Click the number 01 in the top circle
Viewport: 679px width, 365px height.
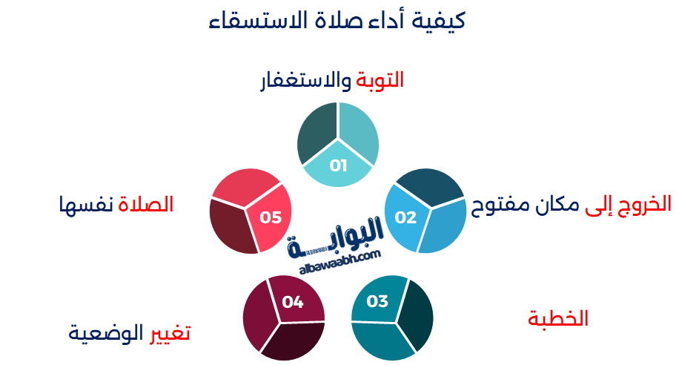point(338,165)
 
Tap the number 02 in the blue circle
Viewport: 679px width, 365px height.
point(405,217)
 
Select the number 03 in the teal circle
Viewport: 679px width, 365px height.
point(377,301)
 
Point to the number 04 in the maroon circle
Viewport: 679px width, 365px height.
point(292,302)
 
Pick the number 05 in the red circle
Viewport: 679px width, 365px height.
point(271,217)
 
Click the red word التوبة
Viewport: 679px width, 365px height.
point(380,81)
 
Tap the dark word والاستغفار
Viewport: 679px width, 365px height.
point(305,81)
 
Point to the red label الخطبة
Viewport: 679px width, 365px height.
point(557,319)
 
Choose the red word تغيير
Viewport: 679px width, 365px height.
point(170,334)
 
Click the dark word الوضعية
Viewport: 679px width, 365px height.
point(106,333)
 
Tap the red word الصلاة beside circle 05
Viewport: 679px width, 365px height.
point(145,204)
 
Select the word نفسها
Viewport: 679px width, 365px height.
point(86,205)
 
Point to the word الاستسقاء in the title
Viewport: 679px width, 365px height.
point(251,20)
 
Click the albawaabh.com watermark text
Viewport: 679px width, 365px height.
point(340,262)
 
